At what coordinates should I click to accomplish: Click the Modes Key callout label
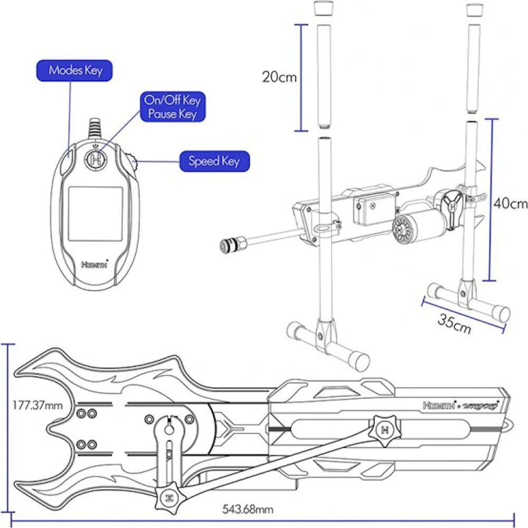76,70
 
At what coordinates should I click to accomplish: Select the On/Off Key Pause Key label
172,107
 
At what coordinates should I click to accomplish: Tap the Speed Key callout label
214,161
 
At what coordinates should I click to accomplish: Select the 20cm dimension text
279,77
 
